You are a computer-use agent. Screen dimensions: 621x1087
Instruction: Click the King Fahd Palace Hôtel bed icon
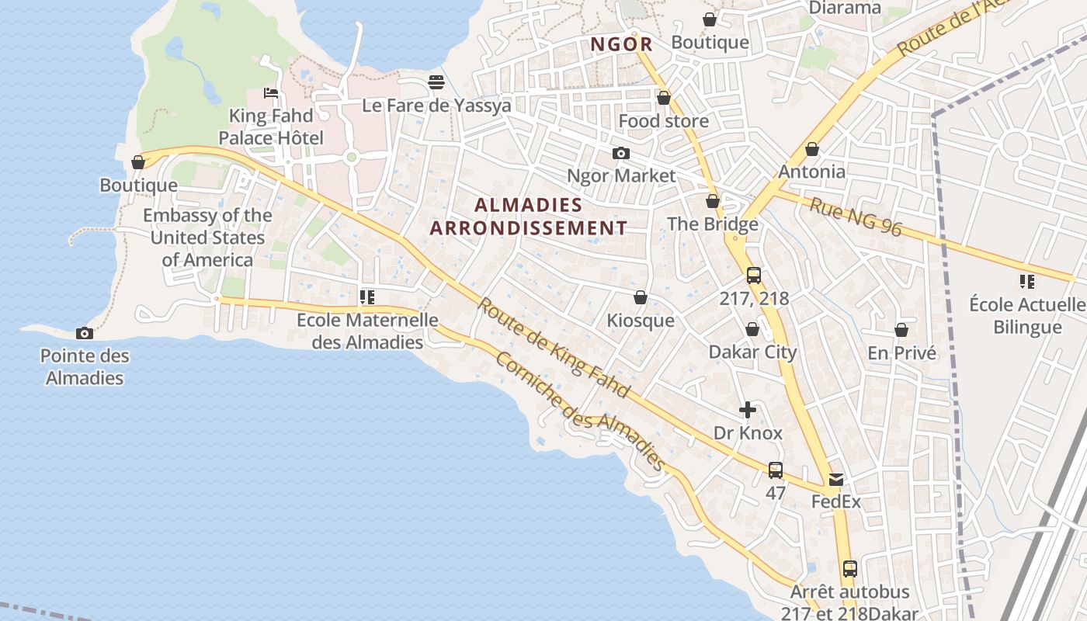click(x=270, y=93)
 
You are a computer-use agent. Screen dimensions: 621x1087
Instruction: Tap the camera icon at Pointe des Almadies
click(x=85, y=333)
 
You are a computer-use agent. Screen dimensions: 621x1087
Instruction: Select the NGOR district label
click(x=621, y=44)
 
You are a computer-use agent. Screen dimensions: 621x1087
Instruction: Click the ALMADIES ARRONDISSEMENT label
click(x=528, y=217)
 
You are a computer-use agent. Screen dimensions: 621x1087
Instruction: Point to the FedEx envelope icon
click(x=836, y=480)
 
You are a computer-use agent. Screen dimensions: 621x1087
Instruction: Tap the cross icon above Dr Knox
click(x=748, y=410)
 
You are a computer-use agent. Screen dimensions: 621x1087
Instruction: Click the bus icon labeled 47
click(x=775, y=470)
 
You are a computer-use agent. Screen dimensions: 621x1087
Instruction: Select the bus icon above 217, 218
click(x=753, y=275)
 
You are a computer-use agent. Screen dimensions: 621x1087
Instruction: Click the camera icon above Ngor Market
click(x=620, y=153)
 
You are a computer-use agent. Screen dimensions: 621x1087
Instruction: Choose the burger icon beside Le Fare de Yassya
click(x=436, y=82)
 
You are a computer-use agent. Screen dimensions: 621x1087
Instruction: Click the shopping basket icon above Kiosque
click(x=641, y=297)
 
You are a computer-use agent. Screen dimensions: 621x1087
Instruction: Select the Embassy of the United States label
click(x=207, y=238)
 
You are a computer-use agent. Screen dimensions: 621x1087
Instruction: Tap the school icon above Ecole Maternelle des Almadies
click(x=367, y=297)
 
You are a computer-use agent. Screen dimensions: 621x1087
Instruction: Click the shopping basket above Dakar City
click(x=752, y=329)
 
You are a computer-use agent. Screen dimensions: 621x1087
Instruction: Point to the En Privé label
click(x=901, y=353)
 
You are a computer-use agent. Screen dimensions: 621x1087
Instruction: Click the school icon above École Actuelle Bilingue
click(x=1026, y=281)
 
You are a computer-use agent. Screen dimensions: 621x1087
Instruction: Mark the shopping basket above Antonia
click(x=812, y=148)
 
